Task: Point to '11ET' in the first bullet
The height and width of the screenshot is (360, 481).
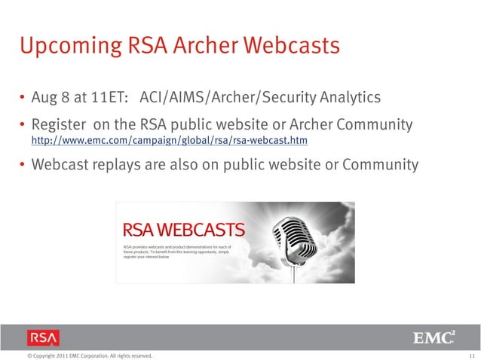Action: [x=101, y=98]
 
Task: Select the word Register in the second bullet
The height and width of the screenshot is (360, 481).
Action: [x=59, y=124]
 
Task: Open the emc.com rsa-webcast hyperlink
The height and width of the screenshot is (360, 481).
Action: [x=170, y=141]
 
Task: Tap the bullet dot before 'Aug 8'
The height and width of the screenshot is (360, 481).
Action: [x=23, y=99]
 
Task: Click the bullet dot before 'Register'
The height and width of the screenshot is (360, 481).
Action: [x=23, y=124]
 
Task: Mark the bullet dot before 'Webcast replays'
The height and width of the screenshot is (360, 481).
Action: [x=23, y=164]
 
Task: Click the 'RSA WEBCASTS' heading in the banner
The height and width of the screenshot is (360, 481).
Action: [x=183, y=230]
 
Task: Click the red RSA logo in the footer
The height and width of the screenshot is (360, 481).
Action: [x=43, y=337]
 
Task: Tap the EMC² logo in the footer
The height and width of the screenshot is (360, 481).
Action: [x=433, y=337]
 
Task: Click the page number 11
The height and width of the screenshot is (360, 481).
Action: [x=471, y=355]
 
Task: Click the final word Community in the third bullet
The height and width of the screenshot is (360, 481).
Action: [x=379, y=164]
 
